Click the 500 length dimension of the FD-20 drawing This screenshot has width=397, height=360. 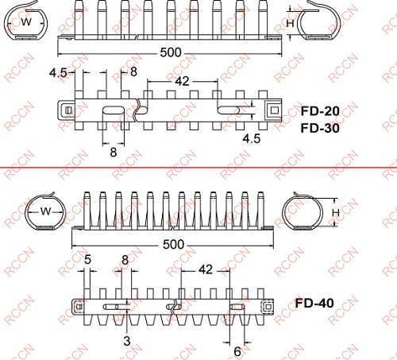pos(171,52)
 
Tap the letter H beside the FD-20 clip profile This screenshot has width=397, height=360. pos(290,25)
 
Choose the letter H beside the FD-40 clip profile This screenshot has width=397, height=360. pos(336,212)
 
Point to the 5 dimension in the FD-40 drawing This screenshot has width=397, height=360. pos(87,259)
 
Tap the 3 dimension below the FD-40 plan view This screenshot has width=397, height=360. pos(126,341)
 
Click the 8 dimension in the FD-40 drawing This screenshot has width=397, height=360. pos(125,259)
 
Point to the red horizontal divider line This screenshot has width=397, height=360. pos(198,168)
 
